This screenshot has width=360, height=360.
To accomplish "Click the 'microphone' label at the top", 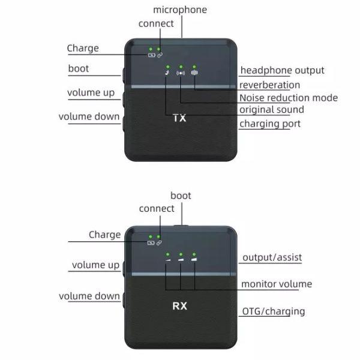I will pyautogui.click(x=180, y=10).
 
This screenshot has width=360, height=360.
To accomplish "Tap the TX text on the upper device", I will pyautogui.click(x=179, y=118).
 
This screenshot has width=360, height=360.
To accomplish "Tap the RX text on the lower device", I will pyautogui.click(x=180, y=305).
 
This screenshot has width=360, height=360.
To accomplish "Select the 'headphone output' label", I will pyautogui.click(x=282, y=71).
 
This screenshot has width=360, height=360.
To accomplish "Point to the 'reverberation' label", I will pyautogui.click(x=269, y=85).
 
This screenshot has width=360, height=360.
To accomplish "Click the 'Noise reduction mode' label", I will pyautogui.click(x=288, y=98).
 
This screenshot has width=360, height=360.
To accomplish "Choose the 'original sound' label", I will pyautogui.click(x=271, y=110).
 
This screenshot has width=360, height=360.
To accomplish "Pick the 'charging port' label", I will pyautogui.click(x=270, y=124).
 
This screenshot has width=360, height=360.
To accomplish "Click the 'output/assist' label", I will pyautogui.click(x=272, y=258).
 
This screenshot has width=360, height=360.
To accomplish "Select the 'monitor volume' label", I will pyautogui.click(x=276, y=284).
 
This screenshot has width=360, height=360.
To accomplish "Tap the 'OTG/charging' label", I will pyautogui.click(x=274, y=311).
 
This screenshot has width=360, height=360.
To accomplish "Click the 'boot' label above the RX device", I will pyautogui.click(x=181, y=196).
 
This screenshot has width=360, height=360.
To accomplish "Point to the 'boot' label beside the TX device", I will pyautogui.click(x=78, y=68).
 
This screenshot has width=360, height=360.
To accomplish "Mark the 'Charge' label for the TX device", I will pyautogui.click(x=83, y=48).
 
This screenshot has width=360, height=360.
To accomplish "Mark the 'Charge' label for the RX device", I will pyautogui.click(x=105, y=235).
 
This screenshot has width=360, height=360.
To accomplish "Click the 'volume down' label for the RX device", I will pyautogui.click(x=89, y=296).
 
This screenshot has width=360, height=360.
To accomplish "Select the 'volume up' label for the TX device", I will pyautogui.click(x=91, y=93).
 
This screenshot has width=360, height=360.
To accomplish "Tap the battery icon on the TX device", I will pyautogui.click(x=152, y=55).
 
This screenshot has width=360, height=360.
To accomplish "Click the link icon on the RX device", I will pyautogui.click(x=159, y=242).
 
